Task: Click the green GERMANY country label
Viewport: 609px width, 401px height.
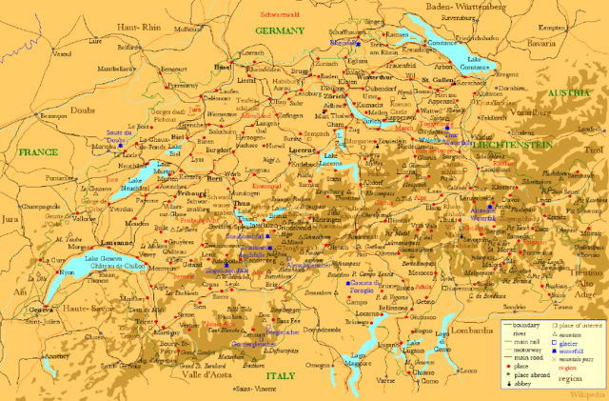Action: click(280, 30)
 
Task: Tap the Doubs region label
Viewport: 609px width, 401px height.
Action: click(80, 110)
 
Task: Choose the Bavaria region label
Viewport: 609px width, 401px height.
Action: click(568, 44)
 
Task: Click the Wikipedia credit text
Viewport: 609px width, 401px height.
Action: click(584, 392)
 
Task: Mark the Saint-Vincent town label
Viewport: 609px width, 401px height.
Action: click(254, 390)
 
